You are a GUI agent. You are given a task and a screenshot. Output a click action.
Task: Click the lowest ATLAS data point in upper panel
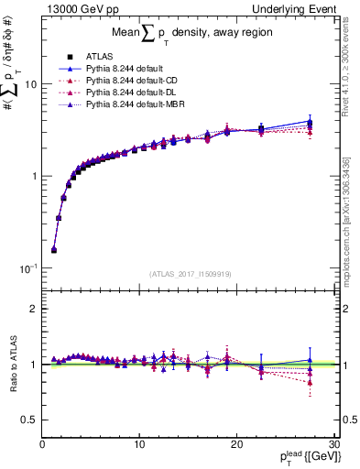click(x=54, y=249)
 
